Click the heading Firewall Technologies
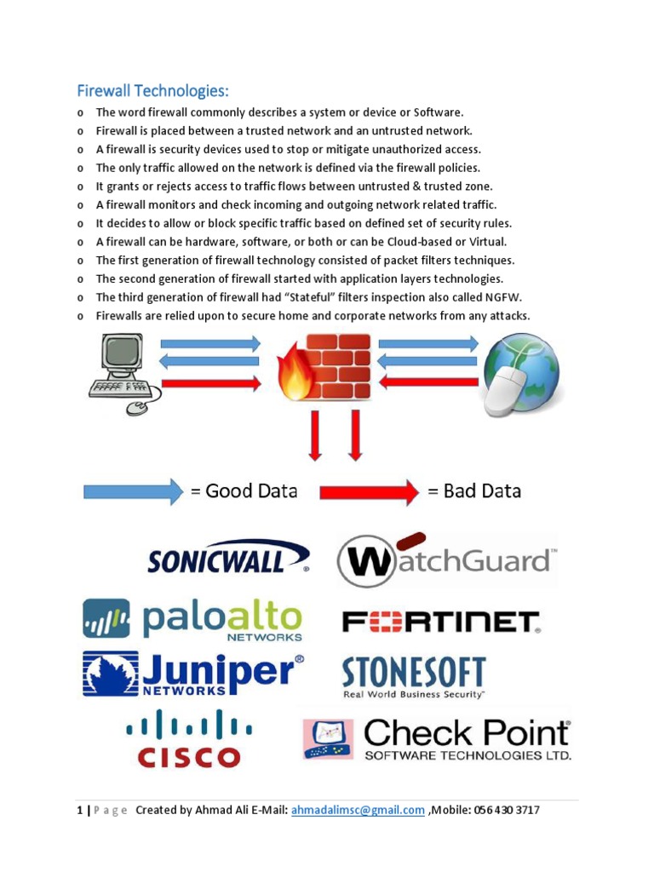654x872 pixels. (x=153, y=90)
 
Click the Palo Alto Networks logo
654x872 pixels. (x=192, y=619)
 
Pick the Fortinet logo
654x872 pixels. (x=440, y=622)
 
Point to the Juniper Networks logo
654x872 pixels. (x=192, y=674)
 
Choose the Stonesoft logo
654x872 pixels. (x=414, y=677)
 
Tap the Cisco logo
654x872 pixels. (x=189, y=739)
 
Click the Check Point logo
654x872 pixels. (x=437, y=738)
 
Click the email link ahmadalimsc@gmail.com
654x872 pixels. (x=358, y=810)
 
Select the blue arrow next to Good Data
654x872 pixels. (x=133, y=491)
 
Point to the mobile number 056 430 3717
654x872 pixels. (x=505, y=810)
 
